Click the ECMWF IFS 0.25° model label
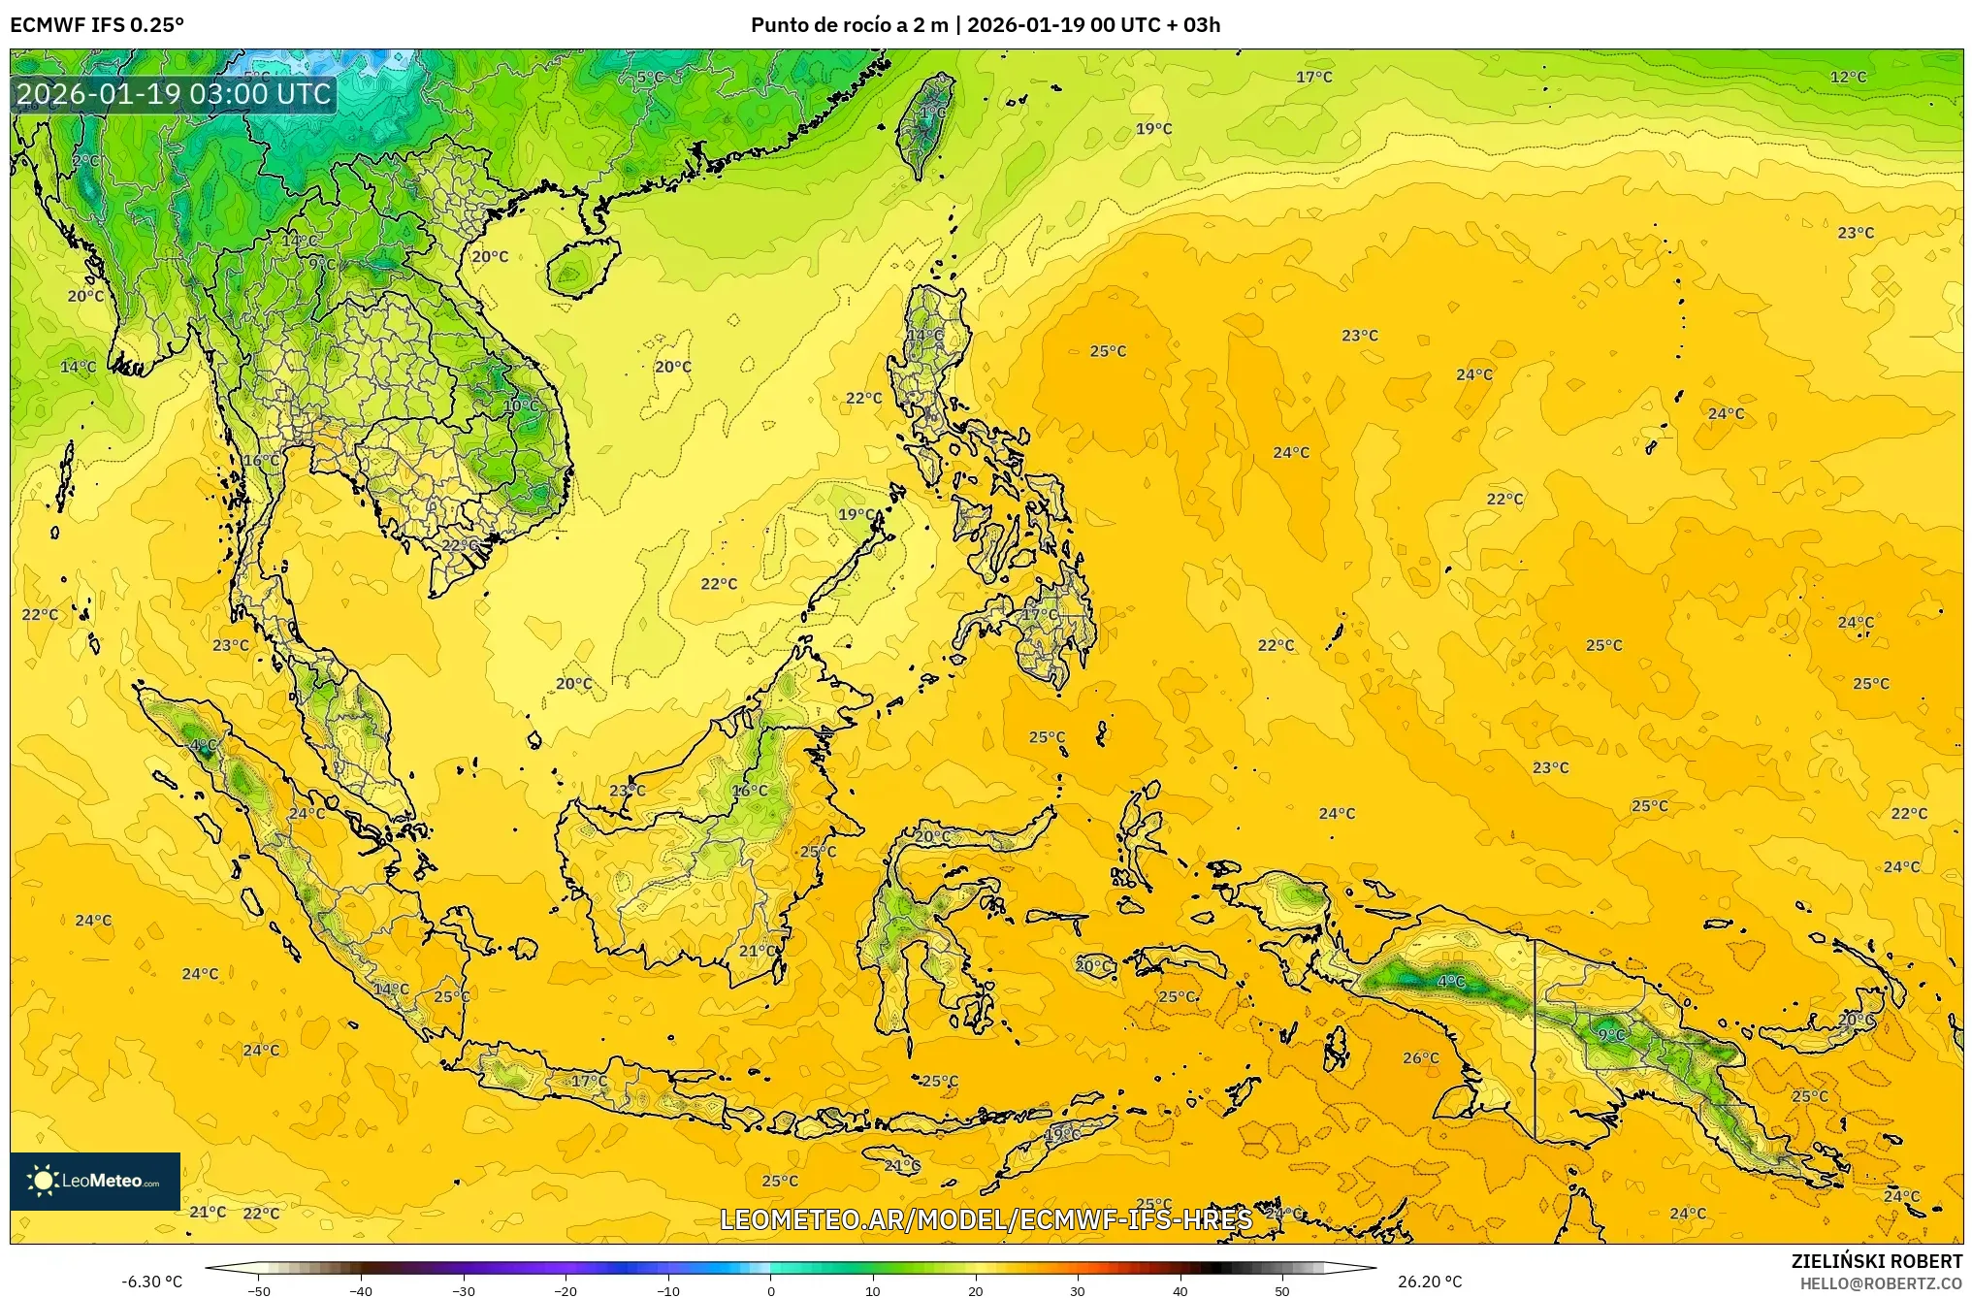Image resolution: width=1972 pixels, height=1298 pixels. click(x=97, y=25)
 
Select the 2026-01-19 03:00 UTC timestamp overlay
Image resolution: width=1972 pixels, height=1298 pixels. click(x=175, y=94)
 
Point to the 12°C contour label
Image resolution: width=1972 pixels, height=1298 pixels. click(x=1848, y=77)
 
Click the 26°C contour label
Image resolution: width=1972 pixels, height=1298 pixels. click(x=1421, y=1057)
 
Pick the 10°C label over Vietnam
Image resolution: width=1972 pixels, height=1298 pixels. click(x=522, y=406)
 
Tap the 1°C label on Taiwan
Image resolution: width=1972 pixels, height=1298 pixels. click(x=931, y=114)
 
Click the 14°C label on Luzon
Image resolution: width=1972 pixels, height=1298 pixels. click(x=924, y=335)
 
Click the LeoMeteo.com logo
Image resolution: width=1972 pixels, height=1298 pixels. click(x=95, y=1181)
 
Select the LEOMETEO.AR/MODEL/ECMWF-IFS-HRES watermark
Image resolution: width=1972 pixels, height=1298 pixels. click(x=986, y=1219)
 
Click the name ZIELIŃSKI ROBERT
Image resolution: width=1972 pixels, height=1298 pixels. click(x=1876, y=1261)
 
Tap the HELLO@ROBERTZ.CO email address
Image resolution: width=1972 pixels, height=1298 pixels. click(x=1881, y=1283)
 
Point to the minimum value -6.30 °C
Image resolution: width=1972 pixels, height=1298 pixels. click(x=151, y=1282)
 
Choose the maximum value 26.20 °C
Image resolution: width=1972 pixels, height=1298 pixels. click(x=1430, y=1282)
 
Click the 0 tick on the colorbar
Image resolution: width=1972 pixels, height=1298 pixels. click(x=771, y=1291)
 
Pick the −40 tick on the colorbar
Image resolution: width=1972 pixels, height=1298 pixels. click(x=361, y=1291)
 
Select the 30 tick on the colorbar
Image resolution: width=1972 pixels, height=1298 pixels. click(x=1078, y=1291)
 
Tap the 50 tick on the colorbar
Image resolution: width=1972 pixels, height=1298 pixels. click(x=1282, y=1291)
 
